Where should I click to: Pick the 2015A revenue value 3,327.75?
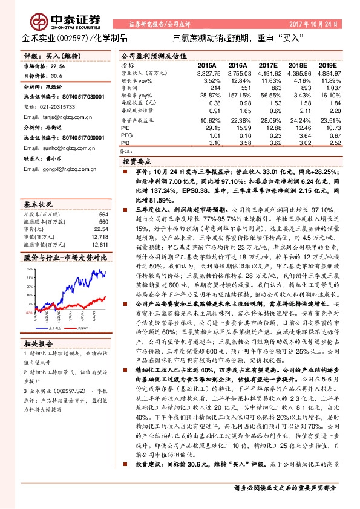(x=206, y=73)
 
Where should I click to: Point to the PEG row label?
(x=125, y=136)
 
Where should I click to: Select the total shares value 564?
(x=103, y=215)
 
